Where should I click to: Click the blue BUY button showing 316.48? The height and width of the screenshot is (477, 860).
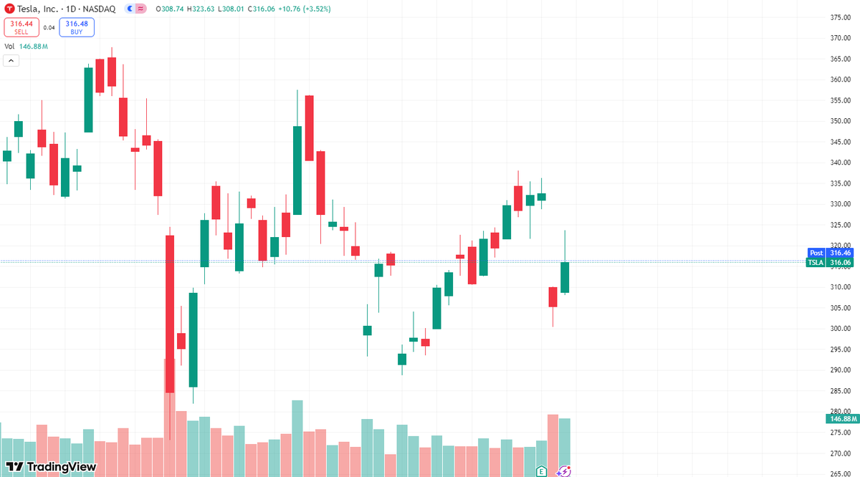pos(77,27)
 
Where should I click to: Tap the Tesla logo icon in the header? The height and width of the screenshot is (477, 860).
pos(9,9)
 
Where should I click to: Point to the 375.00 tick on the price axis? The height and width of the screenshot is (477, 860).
pos(839,17)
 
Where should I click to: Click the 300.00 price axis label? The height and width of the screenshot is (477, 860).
pos(839,329)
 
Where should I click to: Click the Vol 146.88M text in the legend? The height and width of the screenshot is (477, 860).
pos(27,47)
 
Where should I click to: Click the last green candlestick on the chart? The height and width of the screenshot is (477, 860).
pos(565,277)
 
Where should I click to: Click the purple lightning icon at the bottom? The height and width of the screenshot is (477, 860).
pos(564,471)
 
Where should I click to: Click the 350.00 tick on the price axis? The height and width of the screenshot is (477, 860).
pos(839,121)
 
